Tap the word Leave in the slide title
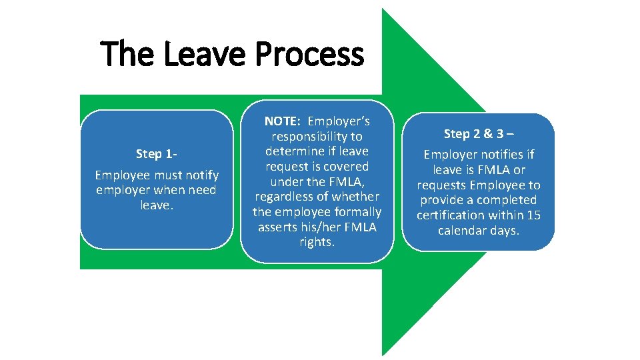(205, 55)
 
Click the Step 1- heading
(157, 154)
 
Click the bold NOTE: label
(283, 121)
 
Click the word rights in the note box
(317, 241)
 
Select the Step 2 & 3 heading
(478, 133)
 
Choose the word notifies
(501, 155)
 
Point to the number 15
(533, 215)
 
